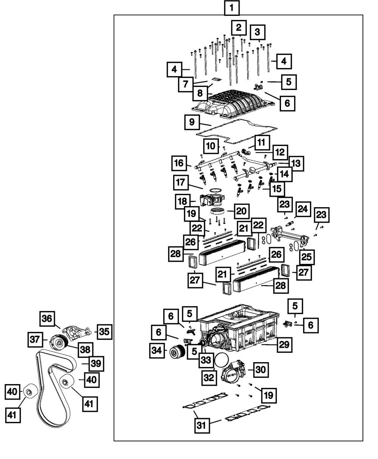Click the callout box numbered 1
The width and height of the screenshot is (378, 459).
pos(232,8)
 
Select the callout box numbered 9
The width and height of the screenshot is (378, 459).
pos(192,122)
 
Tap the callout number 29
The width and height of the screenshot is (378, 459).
pos(285,345)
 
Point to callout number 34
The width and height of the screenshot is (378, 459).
pos(157,350)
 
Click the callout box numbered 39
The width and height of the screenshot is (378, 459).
pos(96,364)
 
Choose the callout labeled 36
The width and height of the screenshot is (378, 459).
pos(47,318)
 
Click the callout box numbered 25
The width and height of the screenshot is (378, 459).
pos(307,257)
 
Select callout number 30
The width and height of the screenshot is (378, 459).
pos(261,370)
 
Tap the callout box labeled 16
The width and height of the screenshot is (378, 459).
pos(179,163)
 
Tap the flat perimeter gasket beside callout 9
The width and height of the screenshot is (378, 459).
pos(236,132)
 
